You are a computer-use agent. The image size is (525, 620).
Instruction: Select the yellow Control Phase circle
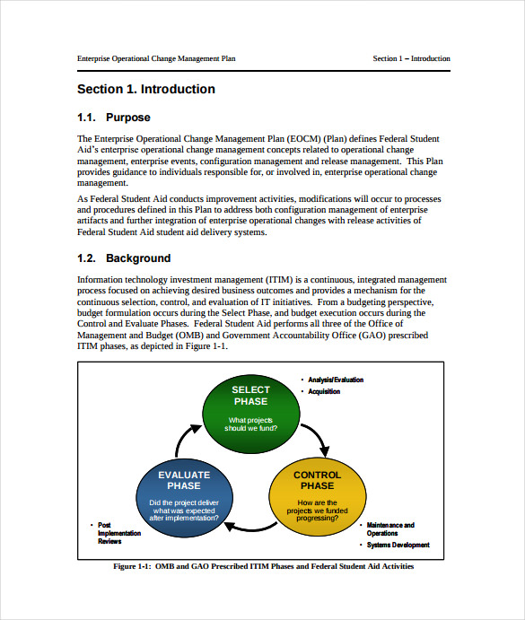(x=318, y=494)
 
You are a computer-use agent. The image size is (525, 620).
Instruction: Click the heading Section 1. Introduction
(x=146, y=89)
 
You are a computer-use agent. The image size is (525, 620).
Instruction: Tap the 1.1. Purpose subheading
(x=114, y=118)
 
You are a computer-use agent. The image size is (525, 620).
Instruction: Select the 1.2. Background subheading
(x=124, y=258)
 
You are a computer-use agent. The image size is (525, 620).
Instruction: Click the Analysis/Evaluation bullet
(x=336, y=380)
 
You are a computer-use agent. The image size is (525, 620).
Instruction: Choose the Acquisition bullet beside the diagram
(x=324, y=392)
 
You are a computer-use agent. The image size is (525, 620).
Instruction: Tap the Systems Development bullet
(x=398, y=546)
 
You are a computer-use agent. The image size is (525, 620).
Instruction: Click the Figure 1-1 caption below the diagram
(x=263, y=567)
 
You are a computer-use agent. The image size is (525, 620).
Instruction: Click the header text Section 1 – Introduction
(x=411, y=59)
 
